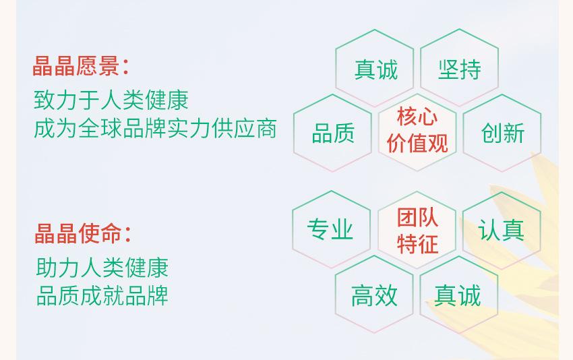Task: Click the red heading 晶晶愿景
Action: pyautogui.click(x=76, y=67)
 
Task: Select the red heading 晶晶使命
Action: pyautogui.click(x=78, y=233)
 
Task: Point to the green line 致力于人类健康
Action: pyautogui.click(x=111, y=100)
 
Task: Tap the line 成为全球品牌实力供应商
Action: pyautogui.click(x=155, y=129)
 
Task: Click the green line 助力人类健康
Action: pyautogui.click(x=102, y=268)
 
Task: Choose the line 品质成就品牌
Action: pyautogui.click(x=102, y=296)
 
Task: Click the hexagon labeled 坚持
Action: pyautogui.click(x=459, y=67)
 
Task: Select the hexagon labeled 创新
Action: pyautogui.click(x=502, y=133)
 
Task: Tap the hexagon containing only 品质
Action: pyautogui.click(x=332, y=133)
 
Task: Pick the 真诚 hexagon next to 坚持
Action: pyautogui.click(x=375, y=68)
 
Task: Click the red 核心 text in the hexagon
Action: pyautogui.click(x=417, y=117)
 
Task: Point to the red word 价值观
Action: pyautogui.click(x=417, y=143)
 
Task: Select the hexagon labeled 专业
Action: pyautogui.click(x=332, y=229)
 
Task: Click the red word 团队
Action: pyautogui.click(x=417, y=217)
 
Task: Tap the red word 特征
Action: pyautogui.click(x=417, y=244)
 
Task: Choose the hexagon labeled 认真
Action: pyautogui.click(x=502, y=231)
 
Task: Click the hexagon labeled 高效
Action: pyautogui.click(x=374, y=294)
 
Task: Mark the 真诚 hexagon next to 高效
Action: pyautogui.click(x=459, y=295)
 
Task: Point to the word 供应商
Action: pyautogui.click(x=244, y=129)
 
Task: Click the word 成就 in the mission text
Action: pyautogui.click(x=102, y=296)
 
